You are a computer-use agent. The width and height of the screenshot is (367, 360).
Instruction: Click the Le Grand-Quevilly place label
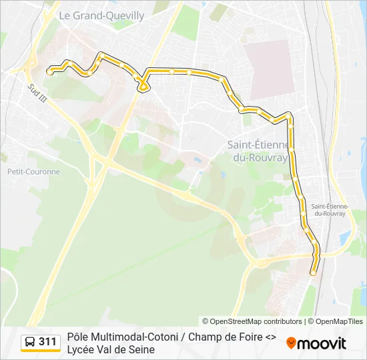[x=101, y=15]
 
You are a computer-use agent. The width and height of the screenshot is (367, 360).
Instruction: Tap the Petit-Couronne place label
[x=33, y=171]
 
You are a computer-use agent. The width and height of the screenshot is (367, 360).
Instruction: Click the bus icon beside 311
[x=30, y=343]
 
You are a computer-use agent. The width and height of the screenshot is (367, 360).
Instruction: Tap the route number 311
[x=47, y=343]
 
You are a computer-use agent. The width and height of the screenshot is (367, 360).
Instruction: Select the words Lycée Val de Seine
[x=111, y=349]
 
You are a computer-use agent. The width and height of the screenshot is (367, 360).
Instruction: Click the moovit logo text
[x=322, y=343]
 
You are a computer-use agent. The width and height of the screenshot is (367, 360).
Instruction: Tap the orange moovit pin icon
[x=291, y=343]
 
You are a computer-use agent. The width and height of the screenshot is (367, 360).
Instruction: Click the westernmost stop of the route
[x=50, y=70]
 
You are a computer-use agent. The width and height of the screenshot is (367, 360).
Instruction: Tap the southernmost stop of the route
[x=312, y=272]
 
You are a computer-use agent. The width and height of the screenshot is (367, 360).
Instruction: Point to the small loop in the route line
[x=143, y=85]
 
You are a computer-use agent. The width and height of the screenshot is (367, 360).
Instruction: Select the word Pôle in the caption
[x=77, y=337]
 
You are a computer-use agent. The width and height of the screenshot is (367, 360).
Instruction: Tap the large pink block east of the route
[x=268, y=67]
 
